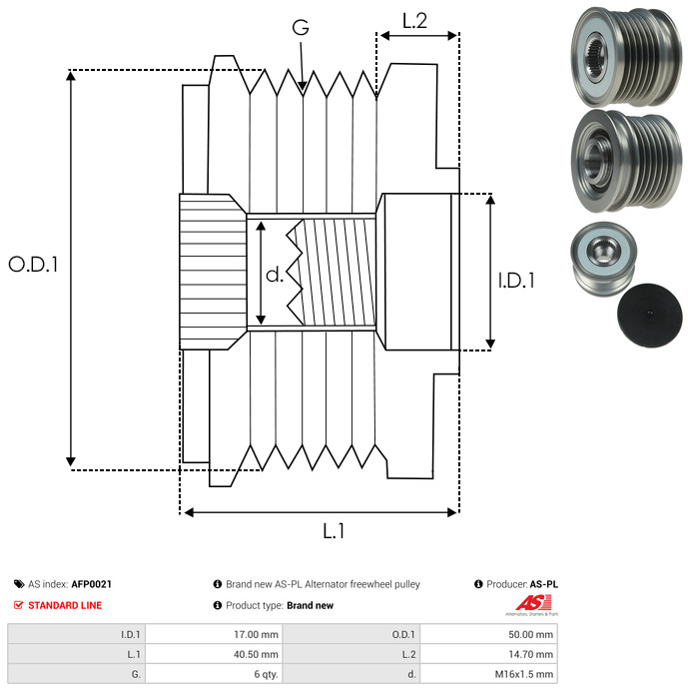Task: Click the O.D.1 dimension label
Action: point(34,265)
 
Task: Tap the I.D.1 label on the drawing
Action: point(516,282)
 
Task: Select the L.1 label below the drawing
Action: point(334,532)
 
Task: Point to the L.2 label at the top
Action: point(414,20)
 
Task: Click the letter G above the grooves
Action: point(300,30)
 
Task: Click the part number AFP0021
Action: point(91,584)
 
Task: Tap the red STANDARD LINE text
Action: point(65,605)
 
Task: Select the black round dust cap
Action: point(648,315)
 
